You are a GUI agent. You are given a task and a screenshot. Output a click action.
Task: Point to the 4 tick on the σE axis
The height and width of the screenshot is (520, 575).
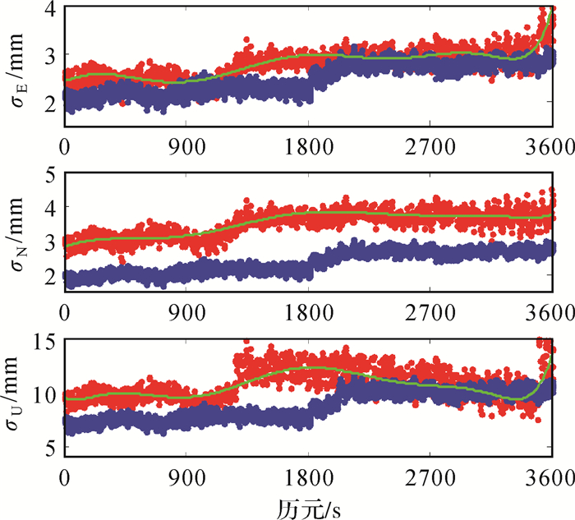pos(51,10)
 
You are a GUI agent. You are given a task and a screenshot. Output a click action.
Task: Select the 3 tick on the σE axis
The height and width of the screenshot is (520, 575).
pos(51,57)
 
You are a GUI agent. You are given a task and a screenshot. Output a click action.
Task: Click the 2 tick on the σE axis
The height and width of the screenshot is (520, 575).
pos(51,104)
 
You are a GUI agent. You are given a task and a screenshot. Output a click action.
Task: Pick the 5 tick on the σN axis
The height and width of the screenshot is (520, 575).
pos(51,174)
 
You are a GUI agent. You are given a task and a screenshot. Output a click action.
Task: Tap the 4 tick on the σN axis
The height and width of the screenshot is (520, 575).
pos(51,208)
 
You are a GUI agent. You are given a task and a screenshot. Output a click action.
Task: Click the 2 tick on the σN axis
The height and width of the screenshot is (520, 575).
pos(51,276)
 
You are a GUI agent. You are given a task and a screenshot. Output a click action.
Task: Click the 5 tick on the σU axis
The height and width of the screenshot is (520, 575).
pos(51,449)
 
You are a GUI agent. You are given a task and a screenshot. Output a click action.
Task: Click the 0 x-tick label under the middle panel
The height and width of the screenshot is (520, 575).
pos(64,312)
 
